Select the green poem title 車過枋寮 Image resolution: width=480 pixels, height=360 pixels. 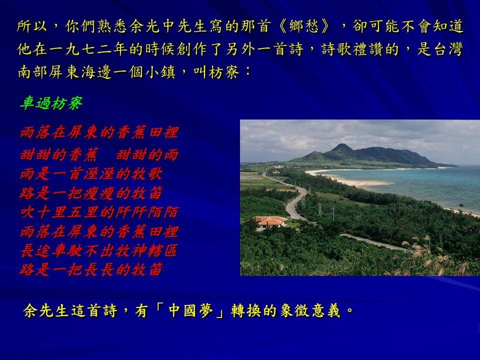(51, 103)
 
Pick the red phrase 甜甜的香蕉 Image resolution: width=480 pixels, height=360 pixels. (59, 154)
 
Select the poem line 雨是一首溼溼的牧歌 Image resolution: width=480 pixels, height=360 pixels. (91, 174)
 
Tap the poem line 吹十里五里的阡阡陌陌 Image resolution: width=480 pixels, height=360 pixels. (99, 212)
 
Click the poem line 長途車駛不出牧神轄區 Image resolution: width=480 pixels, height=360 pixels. (99, 250)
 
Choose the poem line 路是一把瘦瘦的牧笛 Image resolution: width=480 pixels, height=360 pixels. (91, 193)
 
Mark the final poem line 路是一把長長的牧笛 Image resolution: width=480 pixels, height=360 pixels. (91, 269)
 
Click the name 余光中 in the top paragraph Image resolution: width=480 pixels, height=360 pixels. (152, 26)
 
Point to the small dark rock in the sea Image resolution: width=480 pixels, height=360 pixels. (461, 205)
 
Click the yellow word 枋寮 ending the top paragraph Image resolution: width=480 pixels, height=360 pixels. (224, 72)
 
